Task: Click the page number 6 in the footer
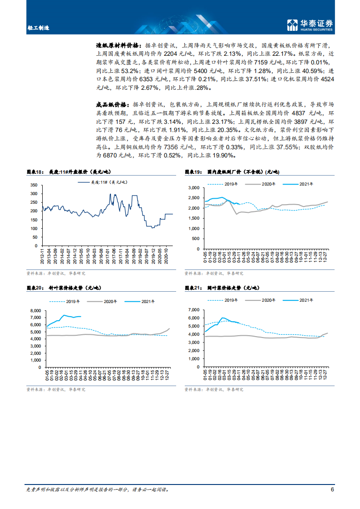[x=332, y=489]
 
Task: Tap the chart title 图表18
[x=35, y=172]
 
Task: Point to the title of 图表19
[x=232, y=172]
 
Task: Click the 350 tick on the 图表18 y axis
[x=33, y=185]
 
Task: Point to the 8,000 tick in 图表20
[x=35, y=310]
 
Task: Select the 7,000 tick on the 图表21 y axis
[x=194, y=310]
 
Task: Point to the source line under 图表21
[x=213, y=389]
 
